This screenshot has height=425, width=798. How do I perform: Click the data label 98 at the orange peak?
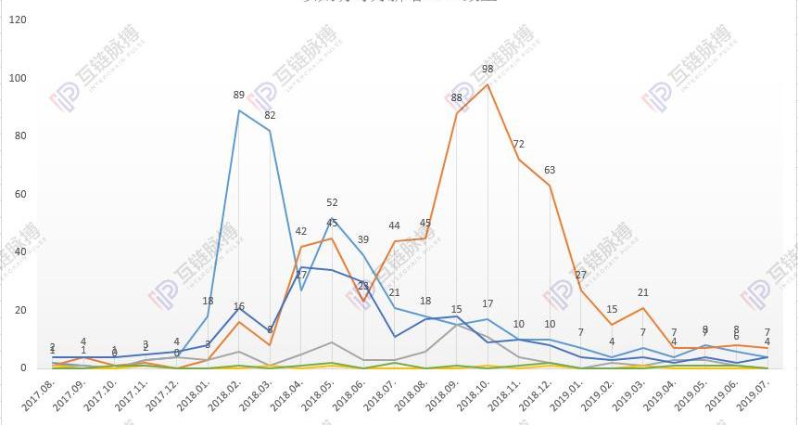tap(488, 70)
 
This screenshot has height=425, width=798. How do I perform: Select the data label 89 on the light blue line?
tap(239, 95)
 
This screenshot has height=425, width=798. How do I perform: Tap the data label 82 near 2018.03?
tap(270, 115)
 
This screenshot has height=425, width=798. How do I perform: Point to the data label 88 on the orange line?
tap(456, 98)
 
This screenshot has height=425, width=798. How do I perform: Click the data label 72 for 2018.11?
tap(519, 145)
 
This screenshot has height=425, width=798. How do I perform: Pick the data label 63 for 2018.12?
tap(550, 171)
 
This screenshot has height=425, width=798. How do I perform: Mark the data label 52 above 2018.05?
tap(332, 203)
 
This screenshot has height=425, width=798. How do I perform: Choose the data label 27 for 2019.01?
tap(581, 276)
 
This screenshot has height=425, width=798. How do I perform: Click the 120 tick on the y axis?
tap(16, 19)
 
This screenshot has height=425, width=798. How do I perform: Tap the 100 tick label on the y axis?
tap(16, 78)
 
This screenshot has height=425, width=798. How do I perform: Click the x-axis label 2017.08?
tap(39, 399)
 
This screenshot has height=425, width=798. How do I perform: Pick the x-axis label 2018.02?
tap(225, 399)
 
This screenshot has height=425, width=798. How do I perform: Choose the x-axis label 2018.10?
tap(474, 399)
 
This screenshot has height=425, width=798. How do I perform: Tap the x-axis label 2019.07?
tap(753, 399)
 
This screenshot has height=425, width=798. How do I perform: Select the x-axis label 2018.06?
tap(349, 399)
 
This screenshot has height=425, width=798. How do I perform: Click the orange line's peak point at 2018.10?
tap(488, 84)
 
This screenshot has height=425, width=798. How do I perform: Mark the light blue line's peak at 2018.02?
tap(239, 110)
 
